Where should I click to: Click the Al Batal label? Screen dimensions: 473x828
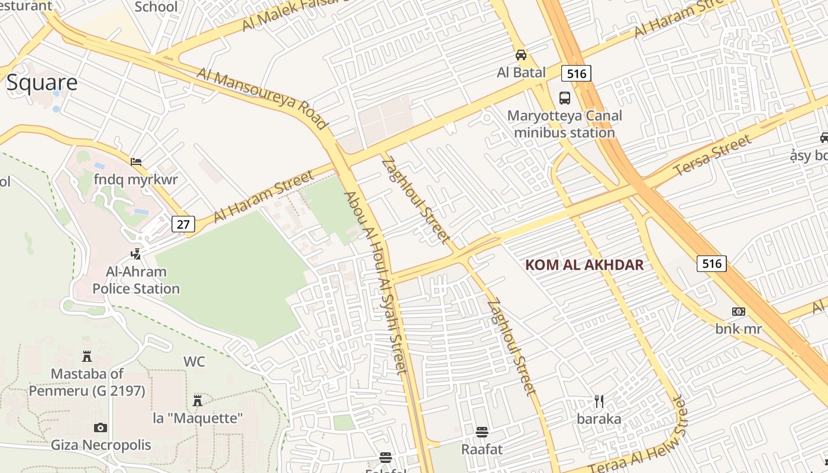[521, 73]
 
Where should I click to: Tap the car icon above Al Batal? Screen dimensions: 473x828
[521, 55]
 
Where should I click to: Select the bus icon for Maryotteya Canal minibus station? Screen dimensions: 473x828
[565, 98]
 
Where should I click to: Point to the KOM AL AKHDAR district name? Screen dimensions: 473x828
[584, 265]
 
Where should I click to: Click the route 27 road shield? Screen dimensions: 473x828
[183, 224]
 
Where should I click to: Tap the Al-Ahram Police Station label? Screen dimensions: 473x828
[136, 280]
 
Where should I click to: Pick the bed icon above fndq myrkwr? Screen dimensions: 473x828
[136, 161]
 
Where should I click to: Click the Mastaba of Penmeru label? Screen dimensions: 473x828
[87, 382]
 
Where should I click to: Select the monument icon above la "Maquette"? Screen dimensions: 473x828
[198, 401]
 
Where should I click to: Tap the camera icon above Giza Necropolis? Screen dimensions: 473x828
[101, 427]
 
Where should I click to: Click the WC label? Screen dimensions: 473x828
[194, 361]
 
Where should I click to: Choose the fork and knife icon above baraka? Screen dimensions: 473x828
[599, 402]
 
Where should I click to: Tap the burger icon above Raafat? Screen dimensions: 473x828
[482, 432]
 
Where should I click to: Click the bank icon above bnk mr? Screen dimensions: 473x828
[738, 312]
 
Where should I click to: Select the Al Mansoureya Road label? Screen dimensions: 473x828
[261, 98]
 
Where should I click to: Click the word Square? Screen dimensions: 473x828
[42, 83]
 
